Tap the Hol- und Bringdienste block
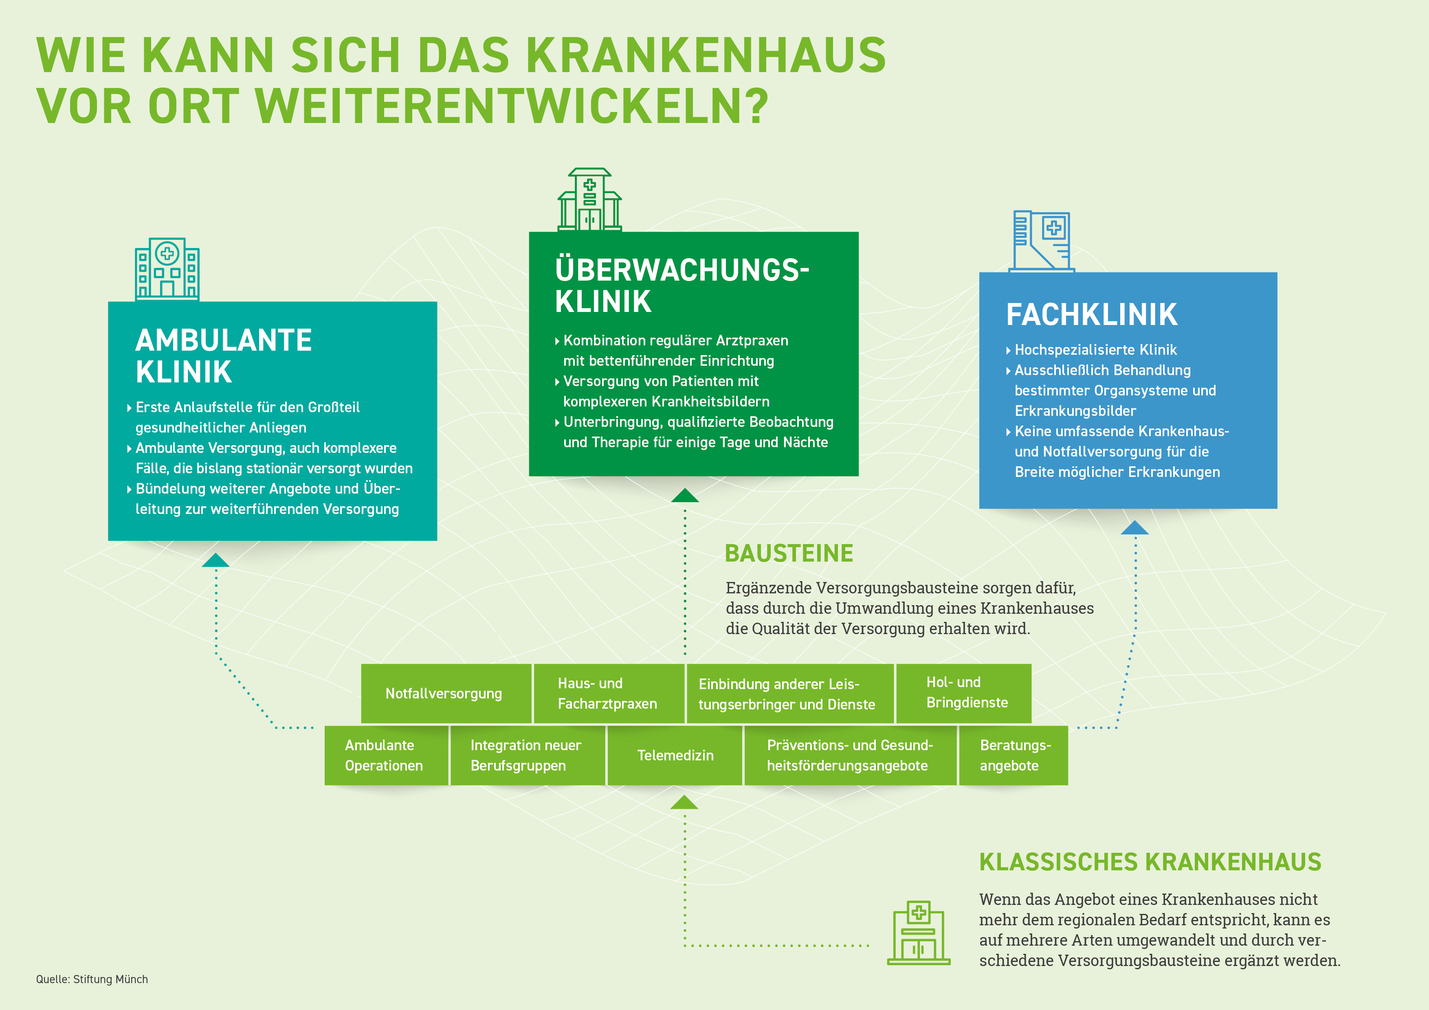[x=963, y=693]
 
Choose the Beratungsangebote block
[x=1013, y=755]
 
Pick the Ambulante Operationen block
[x=386, y=755]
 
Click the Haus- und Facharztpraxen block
[x=608, y=693]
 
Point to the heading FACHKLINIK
[x=1092, y=315]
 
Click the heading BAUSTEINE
[x=789, y=553]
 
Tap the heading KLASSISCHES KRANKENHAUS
[x=1150, y=862]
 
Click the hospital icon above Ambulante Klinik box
[x=167, y=269]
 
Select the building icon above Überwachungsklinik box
[x=589, y=200]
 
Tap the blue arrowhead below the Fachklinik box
[x=1134, y=528]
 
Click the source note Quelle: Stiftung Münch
[x=92, y=979]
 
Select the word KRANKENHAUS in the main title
[x=706, y=55]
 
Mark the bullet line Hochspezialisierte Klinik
[x=1095, y=350]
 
